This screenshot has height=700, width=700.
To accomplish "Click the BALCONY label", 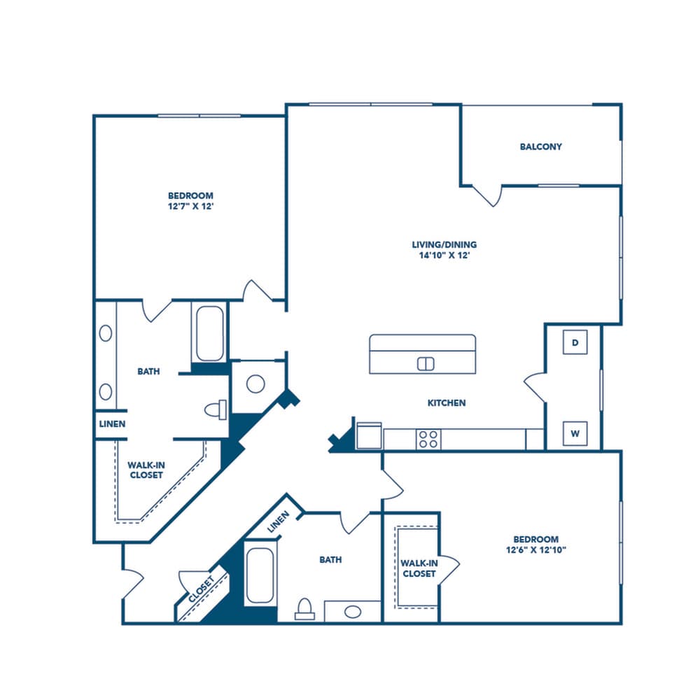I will (x=540, y=147).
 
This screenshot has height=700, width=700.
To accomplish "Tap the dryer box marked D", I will (x=575, y=342).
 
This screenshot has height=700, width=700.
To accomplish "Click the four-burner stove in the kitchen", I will (x=428, y=439).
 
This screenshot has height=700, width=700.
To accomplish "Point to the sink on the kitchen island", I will (x=426, y=363).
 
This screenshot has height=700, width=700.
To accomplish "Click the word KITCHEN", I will (x=447, y=403).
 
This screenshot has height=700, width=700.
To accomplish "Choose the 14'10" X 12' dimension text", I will (x=444, y=256).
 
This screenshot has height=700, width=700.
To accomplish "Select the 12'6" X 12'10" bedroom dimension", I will (x=535, y=550).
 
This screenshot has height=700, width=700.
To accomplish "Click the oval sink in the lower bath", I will (x=353, y=612).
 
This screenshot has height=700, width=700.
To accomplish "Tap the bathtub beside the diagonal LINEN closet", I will (x=260, y=575).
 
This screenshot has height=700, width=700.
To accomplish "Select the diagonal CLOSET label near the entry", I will (x=202, y=590).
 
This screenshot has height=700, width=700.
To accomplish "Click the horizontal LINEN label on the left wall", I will (x=112, y=424).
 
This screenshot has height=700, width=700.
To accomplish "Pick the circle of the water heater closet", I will (x=255, y=384).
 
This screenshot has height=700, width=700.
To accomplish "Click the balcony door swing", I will (x=489, y=195).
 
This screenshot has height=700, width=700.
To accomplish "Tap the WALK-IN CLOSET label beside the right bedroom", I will (x=419, y=568).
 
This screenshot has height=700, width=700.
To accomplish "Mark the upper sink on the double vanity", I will (x=106, y=333).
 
